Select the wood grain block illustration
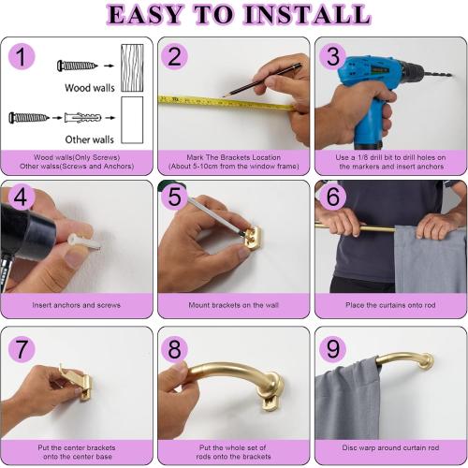click(132, 66)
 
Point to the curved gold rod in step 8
click(225, 374)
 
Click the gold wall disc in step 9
click(426, 360)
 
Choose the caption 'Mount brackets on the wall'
click(233, 303)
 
